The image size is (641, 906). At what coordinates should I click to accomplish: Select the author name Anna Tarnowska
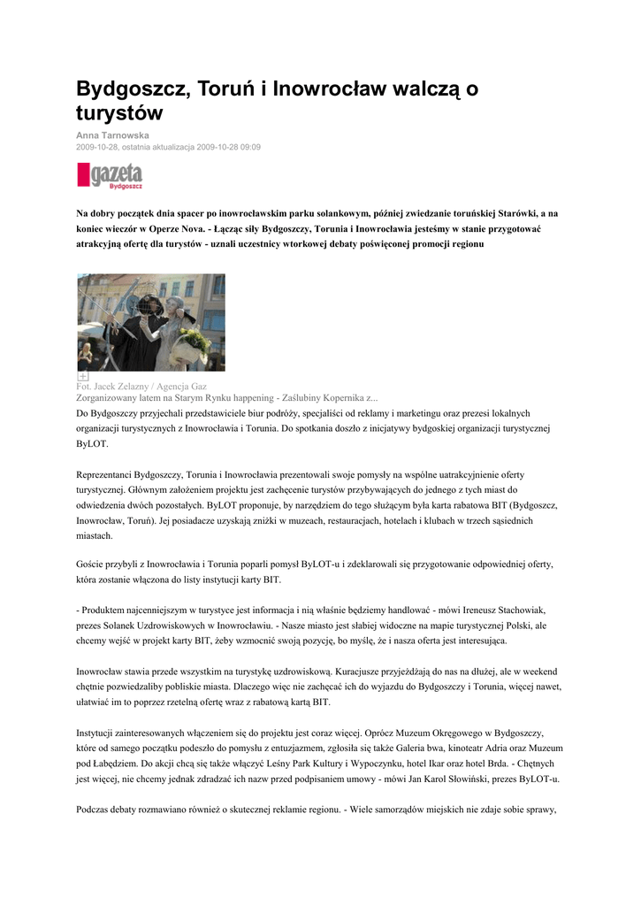pyautogui.click(x=112, y=134)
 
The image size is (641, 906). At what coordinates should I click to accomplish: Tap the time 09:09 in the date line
pyautogui.click(x=249, y=147)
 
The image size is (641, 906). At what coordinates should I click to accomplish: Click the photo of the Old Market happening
pyautogui.click(x=151, y=322)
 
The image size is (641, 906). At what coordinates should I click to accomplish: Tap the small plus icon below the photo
pyautogui.click(x=82, y=376)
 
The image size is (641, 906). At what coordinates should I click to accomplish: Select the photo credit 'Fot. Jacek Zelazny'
pyautogui.click(x=115, y=387)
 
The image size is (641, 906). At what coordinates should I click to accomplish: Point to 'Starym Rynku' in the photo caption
pyautogui.click(x=193, y=398)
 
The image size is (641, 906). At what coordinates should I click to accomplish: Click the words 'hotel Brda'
pyautogui.click(x=521, y=763)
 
